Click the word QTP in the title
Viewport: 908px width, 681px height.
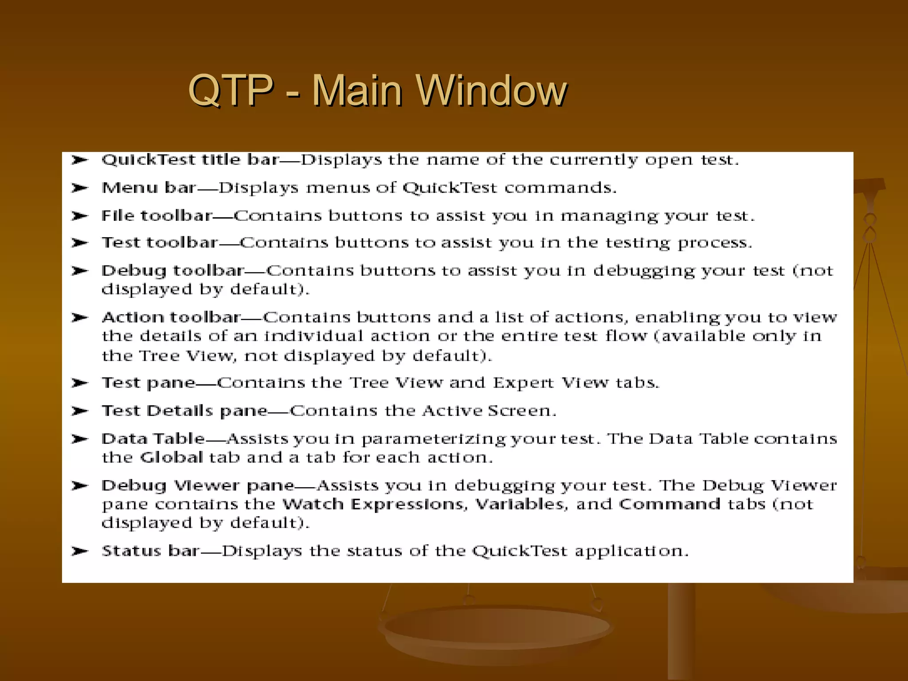pyautogui.click(x=230, y=90)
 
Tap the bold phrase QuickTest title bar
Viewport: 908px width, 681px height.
pyautogui.click(x=190, y=160)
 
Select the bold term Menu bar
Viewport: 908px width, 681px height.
pyautogui.click(x=149, y=188)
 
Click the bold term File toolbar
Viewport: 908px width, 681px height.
pyautogui.click(x=157, y=216)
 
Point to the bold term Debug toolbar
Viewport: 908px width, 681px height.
pyautogui.click(x=172, y=270)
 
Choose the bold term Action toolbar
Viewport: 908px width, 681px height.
pyautogui.click(x=171, y=317)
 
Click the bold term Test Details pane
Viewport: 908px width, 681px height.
pyautogui.click(x=185, y=411)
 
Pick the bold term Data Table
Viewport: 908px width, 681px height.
pyautogui.click(x=153, y=439)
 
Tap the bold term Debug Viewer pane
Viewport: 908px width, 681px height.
pyautogui.click(x=198, y=485)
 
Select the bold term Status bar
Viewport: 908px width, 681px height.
pyautogui.click(x=150, y=551)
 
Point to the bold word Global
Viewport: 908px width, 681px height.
pyautogui.click(x=171, y=458)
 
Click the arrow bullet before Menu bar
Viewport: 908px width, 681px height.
pyautogui.click(x=80, y=188)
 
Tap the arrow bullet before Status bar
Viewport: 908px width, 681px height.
pyautogui.click(x=80, y=551)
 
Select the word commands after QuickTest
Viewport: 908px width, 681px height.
pyautogui.click(x=560, y=188)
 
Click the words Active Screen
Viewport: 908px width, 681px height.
pyautogui.click(x=488, y=411)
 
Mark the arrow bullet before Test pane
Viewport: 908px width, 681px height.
pyautogui.click(x=80, y=383)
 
